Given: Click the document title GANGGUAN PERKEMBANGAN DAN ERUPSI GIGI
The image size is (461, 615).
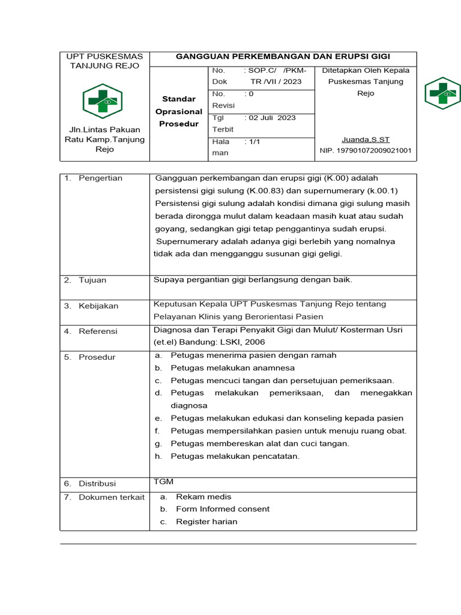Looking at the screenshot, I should (x=282, y=56).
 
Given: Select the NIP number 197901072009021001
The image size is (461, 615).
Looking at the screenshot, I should (x=366, y=151).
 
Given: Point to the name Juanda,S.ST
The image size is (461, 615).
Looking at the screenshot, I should (x=366, y=139).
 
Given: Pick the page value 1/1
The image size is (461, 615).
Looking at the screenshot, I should (x=252, y=142).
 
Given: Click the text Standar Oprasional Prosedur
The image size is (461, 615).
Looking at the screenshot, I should (x=179, y=111).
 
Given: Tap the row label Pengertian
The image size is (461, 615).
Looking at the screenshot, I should (x=100, y=178).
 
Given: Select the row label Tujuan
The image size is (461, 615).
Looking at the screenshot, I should (x=92, y=280).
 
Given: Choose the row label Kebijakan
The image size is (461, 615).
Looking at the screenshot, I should (x=98, y=306).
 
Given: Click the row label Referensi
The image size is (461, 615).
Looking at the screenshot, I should (x=98, y=332).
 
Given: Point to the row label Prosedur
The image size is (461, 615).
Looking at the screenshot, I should (x=97, y=357).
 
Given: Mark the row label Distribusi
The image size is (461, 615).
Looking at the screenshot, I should (x=97, y=483).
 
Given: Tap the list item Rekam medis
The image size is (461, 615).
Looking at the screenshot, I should (x=203, y=497).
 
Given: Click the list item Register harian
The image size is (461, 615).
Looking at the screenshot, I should (x=206, y=522).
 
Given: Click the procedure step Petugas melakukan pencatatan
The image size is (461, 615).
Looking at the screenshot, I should (x=235, y=456).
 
